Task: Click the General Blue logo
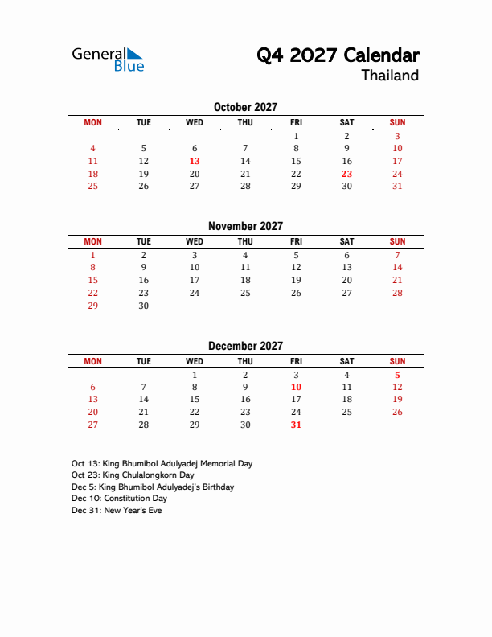pos(108,59)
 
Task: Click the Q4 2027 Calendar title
pos(338,55)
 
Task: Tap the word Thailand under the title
pos(390,76)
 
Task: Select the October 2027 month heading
pos(245,107)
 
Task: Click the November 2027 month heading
pos(245,227)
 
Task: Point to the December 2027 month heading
pos(245,346)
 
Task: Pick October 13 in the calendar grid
pos(195,161)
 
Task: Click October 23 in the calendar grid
pos(346,174)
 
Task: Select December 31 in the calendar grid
pos(296,425)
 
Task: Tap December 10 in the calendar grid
pos(296,387)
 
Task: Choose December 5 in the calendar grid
pos(397,375)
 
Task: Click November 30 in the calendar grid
pos(144,306)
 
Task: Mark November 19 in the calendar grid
pos(296,280)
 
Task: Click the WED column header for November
pos(195,241)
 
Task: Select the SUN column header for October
pos(397,122)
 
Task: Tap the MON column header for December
pos(93,361)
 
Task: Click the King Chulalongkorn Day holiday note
pos(133,475)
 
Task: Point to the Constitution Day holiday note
pos(119,499)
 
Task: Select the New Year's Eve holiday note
pos(117,511)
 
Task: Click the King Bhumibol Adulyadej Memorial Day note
pos(162,464)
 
